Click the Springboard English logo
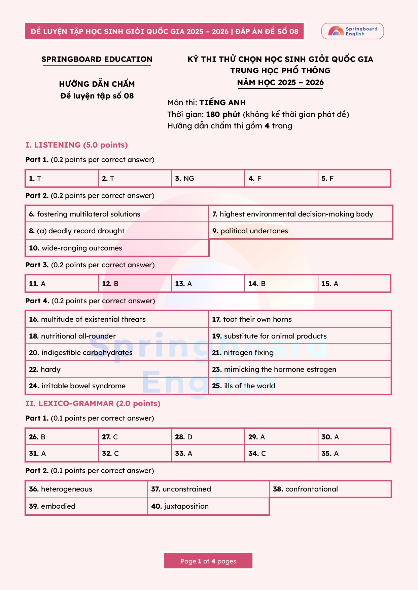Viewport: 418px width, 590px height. tap(352, 31)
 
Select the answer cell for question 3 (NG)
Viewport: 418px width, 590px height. tap(208, 179)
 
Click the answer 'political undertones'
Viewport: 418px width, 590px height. tap(254, 231)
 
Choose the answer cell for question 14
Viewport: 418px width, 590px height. tap(281, 284)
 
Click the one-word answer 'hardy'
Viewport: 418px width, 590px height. tap(50, 369)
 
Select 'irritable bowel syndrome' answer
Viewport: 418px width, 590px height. tap(83, 386)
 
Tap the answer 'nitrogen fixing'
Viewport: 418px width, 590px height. tap(248, 353)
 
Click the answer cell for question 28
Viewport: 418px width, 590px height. tap(208, 437)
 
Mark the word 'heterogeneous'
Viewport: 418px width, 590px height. tap(66, 489)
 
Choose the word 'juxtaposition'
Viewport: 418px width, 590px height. tap(186, 506)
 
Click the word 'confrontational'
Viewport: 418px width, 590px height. tap(311, 489)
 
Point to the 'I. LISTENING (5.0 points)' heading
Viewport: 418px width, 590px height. tap(77, 145)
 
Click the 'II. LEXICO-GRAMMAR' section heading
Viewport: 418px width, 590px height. tap(93, 403)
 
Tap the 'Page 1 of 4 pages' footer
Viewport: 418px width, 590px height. tap(208, 561)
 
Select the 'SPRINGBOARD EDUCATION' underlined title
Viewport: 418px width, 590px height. tap(97, 60)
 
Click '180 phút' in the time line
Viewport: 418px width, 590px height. tap(223, 114)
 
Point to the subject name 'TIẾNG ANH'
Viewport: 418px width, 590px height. tap(222, 103)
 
